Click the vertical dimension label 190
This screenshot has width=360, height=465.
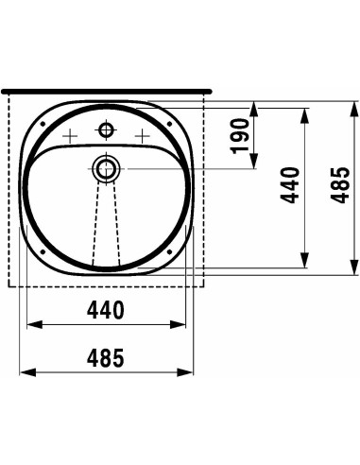tap(240, 136)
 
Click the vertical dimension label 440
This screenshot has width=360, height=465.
tap(290, 185)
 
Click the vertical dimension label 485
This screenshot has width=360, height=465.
tap(340, 185)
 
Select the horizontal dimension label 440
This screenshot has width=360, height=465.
tap(106, 310)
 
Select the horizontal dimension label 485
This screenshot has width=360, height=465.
tap(106, 358)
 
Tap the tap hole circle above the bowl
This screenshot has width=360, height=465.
tap(106, 129)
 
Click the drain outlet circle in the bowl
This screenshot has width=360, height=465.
tap(106, 169)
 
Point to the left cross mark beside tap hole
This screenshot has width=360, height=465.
tap(70, 136)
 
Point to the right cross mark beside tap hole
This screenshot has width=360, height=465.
tap(142, 136)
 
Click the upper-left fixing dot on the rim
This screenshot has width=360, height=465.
tap(43, 124)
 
